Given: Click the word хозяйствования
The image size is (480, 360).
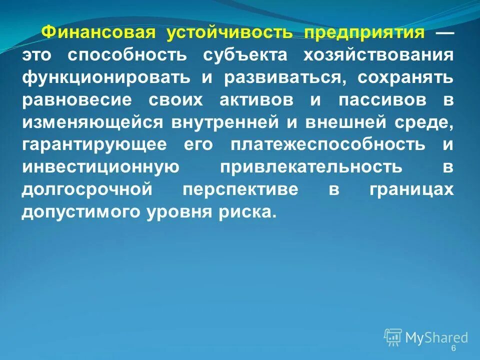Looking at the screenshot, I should pyautogui.click(x=378, y=55).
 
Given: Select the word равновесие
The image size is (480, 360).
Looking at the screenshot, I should pyautogui.click(x=76, y=99).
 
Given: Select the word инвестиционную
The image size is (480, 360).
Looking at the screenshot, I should pyautogui.click(x=100, y=166).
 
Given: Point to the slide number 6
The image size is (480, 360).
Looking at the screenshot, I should pyautogui.click(x=453, y=348).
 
